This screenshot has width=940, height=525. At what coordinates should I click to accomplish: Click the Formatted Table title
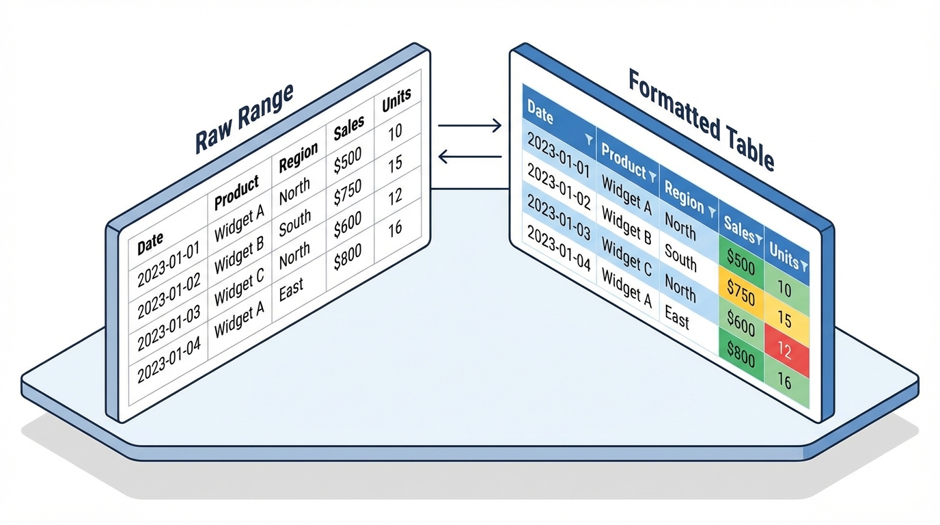point(701,120)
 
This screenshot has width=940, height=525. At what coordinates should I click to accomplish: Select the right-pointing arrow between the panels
point(469,125)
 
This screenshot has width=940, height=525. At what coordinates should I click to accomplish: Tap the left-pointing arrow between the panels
point(469,158)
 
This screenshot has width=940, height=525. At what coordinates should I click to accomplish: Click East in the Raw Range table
point(291,289)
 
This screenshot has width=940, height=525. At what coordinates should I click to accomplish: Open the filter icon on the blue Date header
point(588,139)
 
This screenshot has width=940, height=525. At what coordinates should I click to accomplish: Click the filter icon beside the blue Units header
point(804,265)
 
